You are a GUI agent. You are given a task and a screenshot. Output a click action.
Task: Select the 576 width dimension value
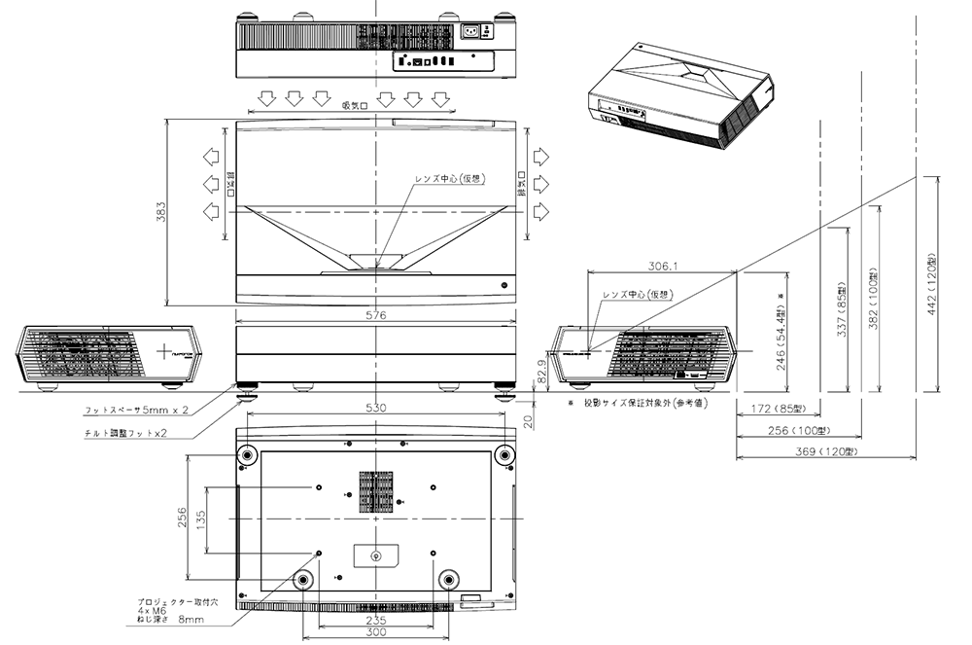click(376, 315)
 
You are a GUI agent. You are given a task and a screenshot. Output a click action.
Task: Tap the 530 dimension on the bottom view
click(376, 407)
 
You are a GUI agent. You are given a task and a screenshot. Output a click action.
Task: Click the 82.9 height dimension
click(541, 371)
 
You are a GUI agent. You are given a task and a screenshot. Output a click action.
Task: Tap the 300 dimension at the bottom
click(376, 631)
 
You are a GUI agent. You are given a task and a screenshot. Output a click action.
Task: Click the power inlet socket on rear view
click(477, 31)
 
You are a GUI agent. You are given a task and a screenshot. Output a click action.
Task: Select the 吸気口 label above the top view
click(354, 106)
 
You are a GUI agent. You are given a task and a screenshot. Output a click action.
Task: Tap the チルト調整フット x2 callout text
click(126, 434)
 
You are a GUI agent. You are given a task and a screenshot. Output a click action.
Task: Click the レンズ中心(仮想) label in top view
click(450, 179)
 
